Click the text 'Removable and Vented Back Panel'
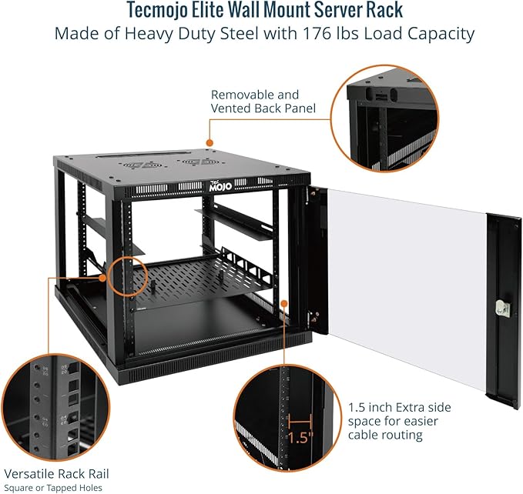263,101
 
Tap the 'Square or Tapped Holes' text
53,487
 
